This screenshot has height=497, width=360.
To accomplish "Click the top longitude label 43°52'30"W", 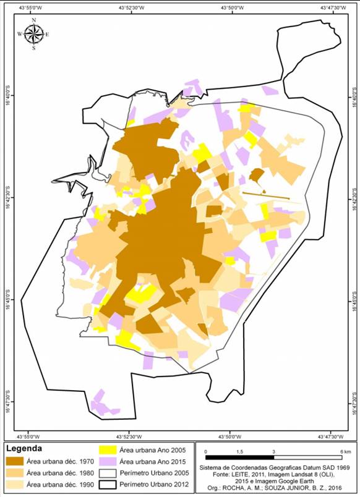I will click(x=129, y=8).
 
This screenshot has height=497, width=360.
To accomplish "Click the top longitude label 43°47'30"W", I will click(x=332, y=8).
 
